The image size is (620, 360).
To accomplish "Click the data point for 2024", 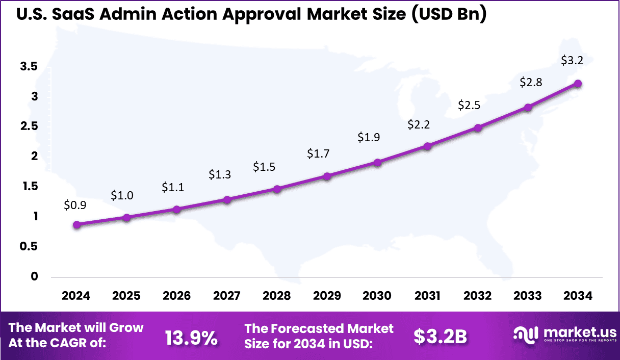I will pos(77,225).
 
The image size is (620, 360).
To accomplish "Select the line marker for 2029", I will pos(327,176).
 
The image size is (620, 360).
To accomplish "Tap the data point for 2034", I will pos(578,84).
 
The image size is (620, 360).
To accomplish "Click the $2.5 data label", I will pos(469,105).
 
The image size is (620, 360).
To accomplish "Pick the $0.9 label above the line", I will pos(75,205).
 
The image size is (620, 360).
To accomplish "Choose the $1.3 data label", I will pos(220,174).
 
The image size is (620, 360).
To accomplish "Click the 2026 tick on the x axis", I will pos(176,296).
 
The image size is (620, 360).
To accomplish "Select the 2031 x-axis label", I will pos(427,296).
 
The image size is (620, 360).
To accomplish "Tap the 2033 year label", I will pos(528,296).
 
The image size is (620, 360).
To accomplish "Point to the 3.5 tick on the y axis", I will pos(29,66).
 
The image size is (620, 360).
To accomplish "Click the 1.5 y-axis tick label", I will pos(29,187).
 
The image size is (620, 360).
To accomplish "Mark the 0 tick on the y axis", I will pos(34,277).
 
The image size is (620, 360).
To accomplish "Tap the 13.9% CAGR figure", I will pos(191,337).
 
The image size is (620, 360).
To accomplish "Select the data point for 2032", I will pos(478,128).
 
